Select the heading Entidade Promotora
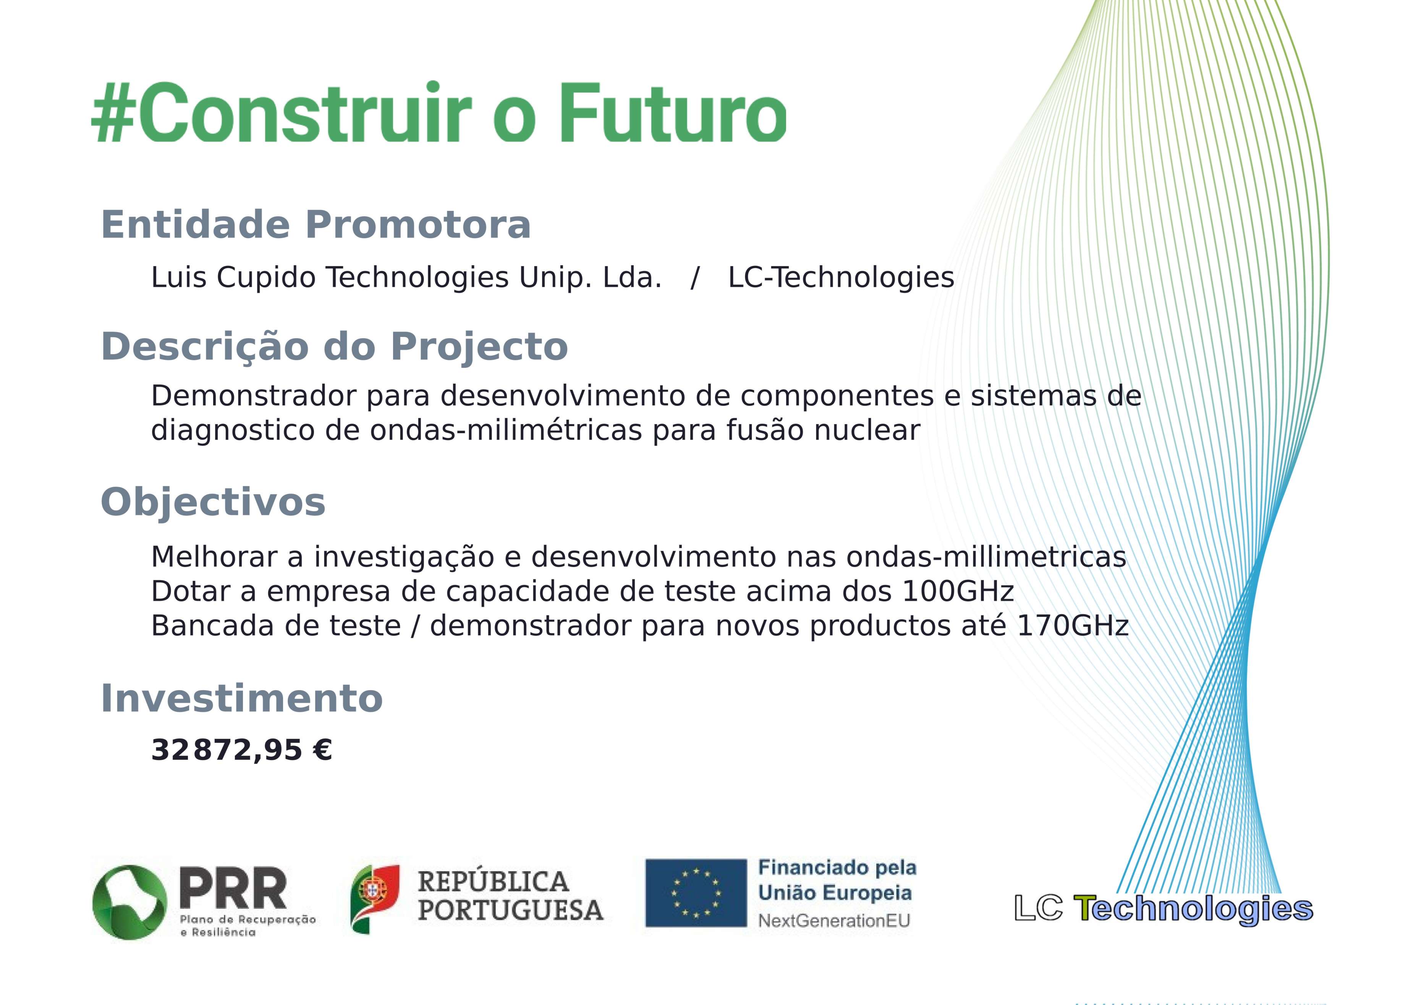click(316, 224)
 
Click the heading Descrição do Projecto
click(334, 346)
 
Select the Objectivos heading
click(213, 502)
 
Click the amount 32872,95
click(227, 751)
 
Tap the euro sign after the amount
click(322, 750)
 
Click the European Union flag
click(696, 893)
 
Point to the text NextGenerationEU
click(834, 921)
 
